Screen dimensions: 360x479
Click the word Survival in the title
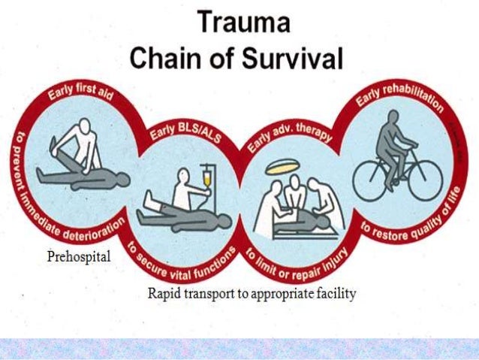303,59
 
